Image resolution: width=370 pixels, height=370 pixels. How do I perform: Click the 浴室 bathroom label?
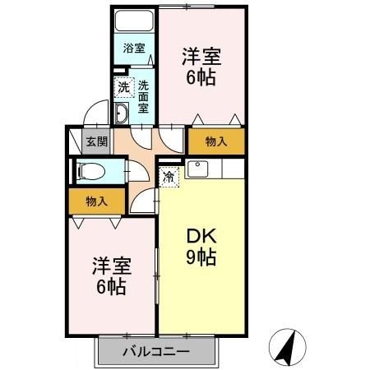coord(133,49)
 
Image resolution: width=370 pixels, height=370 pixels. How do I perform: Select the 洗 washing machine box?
coord(122,86)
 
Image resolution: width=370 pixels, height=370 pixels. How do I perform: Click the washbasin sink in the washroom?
coord(121,113)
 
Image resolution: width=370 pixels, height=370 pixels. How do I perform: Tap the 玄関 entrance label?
coord(96,141)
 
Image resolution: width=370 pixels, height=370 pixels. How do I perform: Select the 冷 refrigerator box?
coord(169,175)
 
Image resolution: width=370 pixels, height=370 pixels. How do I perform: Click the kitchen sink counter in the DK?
coord(213,170)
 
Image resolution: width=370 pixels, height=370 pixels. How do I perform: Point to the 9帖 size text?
coord(200,257)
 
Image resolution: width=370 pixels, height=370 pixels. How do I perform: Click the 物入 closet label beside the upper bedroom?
coord(215,142)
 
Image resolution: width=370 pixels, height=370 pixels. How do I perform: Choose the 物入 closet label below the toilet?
coord(96,201)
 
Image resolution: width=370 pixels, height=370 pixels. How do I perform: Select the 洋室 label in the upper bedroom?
coord(201,57)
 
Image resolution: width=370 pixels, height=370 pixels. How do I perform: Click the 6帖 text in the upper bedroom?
coord(201,80)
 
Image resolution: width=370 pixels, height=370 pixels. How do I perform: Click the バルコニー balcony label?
coord(156,352)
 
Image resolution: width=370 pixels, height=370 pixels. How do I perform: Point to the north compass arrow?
coord(287,346)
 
